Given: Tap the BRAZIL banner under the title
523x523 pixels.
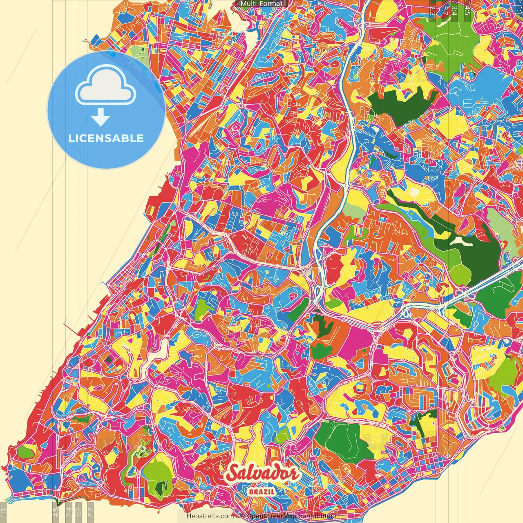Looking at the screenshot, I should click(x=261, y=492).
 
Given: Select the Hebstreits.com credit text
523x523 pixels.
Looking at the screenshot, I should click(x=210, y=516).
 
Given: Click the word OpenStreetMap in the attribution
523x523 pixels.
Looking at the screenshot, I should click(x=272, y=516).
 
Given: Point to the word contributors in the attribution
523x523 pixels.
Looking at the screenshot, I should click(x=317, y=516).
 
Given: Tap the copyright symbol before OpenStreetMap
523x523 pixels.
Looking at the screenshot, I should click(x=242, y=516).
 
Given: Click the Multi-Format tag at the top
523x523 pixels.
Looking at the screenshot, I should click(x=261, y=4).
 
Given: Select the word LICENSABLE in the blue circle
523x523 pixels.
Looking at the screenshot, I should click(x=106, y=138).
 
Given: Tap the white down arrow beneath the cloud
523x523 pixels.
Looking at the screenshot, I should click(x=101, y=118).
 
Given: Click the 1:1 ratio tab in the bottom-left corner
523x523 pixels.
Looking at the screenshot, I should click(x=3, y=513).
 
